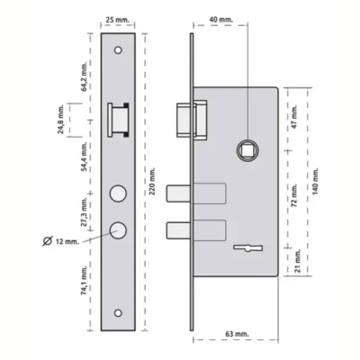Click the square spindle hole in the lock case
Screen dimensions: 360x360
click(245, 148)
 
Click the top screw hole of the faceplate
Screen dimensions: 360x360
click(120, 51)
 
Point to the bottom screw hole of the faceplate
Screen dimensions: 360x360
click(120, 313)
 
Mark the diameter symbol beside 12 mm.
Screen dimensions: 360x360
click(46, 240)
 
